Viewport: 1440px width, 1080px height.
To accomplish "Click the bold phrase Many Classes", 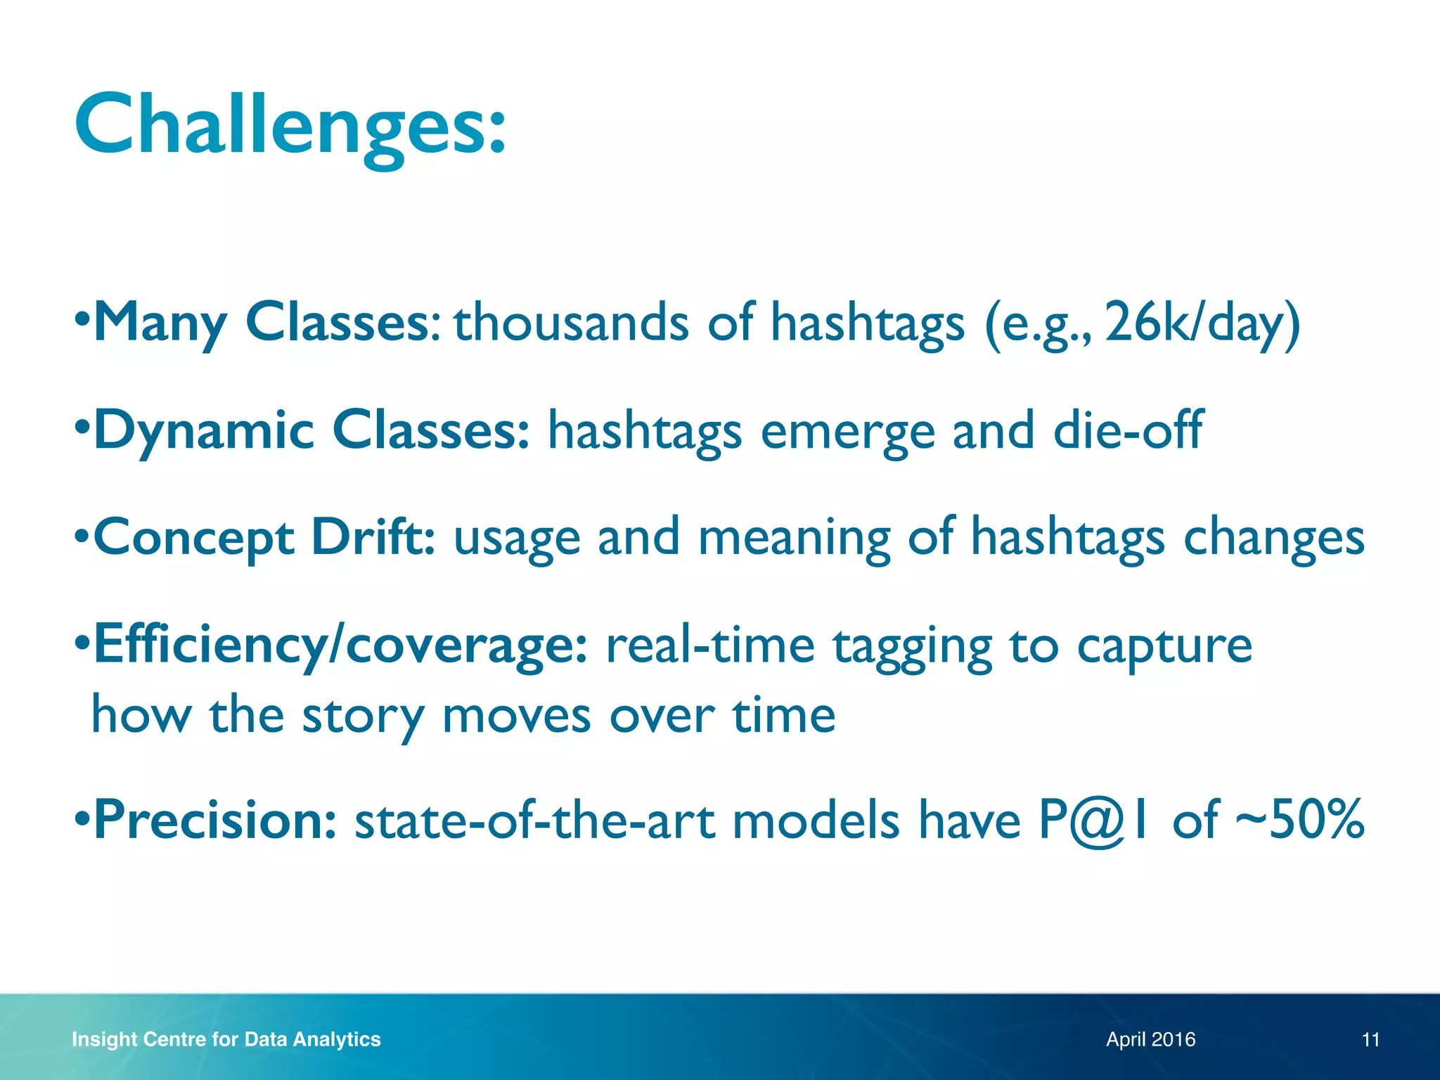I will (262, 323).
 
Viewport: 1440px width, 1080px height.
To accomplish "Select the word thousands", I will (571, 323).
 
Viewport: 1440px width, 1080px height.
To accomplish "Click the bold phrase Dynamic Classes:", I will (311, 430).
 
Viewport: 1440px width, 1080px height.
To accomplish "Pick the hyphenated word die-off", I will (1128, 430).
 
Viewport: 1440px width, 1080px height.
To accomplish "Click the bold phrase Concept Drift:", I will (264, 538).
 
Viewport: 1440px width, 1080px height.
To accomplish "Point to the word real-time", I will (710, 645).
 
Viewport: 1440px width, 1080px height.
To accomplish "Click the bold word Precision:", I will (215, 820).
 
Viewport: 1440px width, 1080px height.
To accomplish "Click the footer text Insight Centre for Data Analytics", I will (226, 1039).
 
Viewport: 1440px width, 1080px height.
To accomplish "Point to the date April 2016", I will (1150, 1039).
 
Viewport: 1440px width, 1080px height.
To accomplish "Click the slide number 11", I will (1370, 1039).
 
